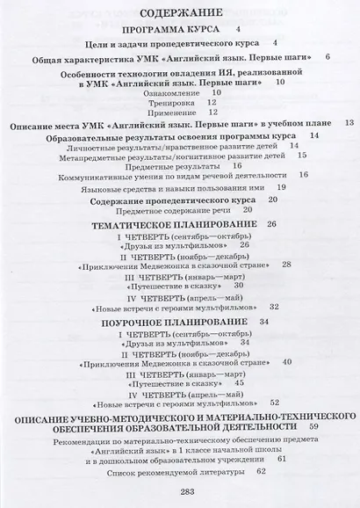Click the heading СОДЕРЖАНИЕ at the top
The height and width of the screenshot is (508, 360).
tap(179, 13)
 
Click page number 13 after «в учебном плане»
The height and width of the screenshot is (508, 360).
tap(348, 124)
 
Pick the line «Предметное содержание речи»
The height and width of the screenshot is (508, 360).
tap(170, 210)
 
